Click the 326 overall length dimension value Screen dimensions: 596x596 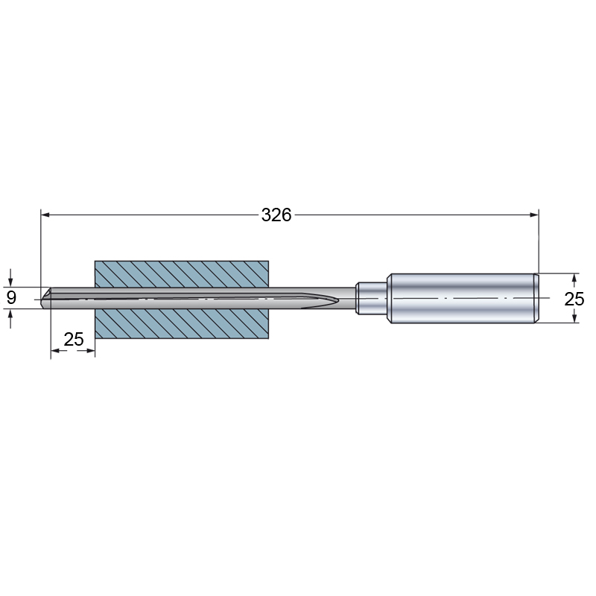(x=276, y=215)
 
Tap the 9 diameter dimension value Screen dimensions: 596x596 (x=11, y=297)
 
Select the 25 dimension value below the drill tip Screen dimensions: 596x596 (x=74, y=339)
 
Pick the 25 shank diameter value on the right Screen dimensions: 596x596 (x=574, y=299)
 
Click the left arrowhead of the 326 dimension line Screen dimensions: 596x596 (x=45, y=215)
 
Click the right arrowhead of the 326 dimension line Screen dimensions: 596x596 (x=534, y=215)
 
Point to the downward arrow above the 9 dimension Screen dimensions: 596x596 (x=10, y=278)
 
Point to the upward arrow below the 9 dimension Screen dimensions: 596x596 (x=10, y=318)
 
